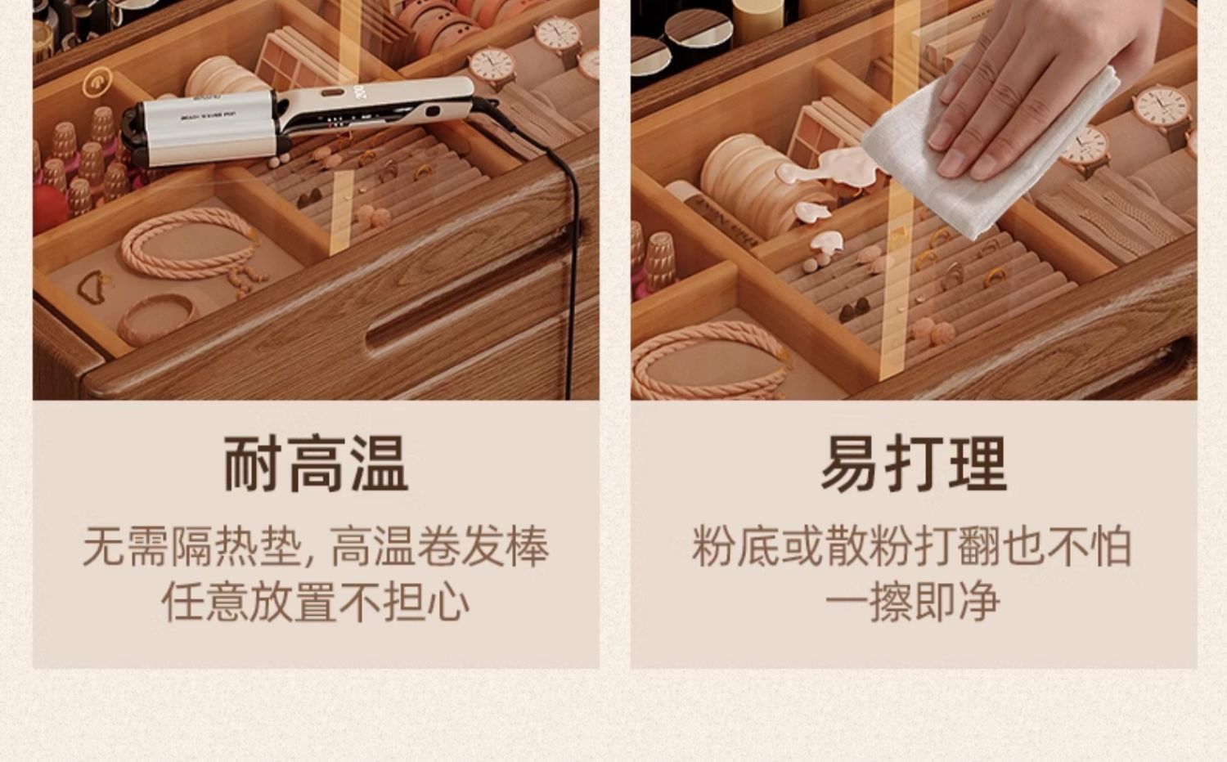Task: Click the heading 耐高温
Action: click(x=316, y=463)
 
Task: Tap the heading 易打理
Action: click(x=914, y=463)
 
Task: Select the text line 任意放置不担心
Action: click(x=316, y=602)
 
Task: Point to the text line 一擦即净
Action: click(x=913, y=602)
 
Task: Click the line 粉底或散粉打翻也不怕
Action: click(x=912, y=546)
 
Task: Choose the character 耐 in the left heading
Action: click(x=253, y=463)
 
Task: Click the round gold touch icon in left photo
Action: click(x=97, y=82)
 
